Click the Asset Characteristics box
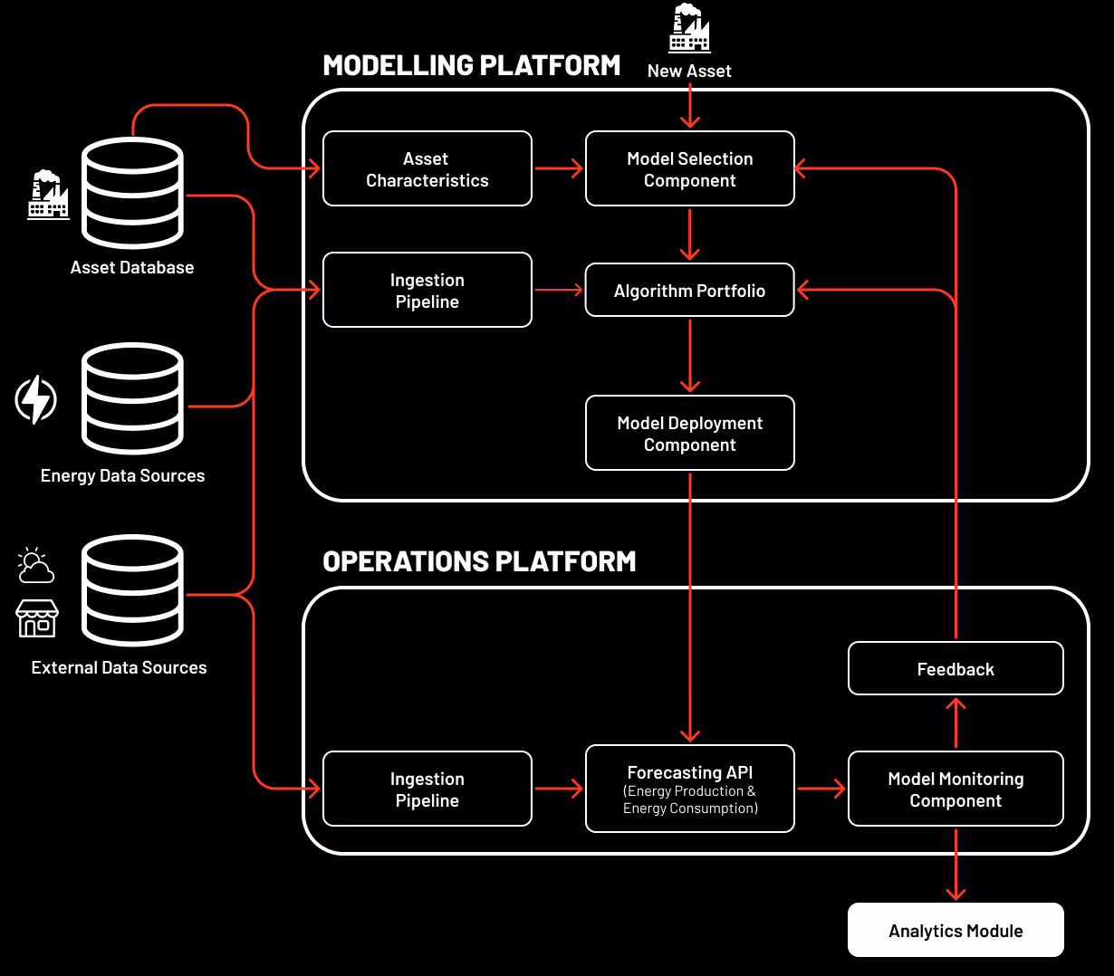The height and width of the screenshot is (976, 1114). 427,169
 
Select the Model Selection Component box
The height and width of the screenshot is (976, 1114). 689,169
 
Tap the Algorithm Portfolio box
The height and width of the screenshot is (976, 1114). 689,291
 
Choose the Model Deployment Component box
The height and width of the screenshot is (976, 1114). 689,434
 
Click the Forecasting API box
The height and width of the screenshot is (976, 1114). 689,789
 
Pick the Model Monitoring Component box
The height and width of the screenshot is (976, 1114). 956,789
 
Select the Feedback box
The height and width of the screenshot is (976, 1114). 956,669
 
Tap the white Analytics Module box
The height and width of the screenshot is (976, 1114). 956,930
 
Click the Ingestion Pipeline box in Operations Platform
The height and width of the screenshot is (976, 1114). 427,789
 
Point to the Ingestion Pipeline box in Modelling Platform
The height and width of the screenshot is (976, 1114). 427,291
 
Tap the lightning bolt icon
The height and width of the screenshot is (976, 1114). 36,399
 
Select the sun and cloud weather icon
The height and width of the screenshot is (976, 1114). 36,566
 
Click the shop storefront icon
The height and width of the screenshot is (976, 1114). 37,618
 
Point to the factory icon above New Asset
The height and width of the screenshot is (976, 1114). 689,29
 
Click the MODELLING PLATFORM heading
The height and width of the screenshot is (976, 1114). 471,65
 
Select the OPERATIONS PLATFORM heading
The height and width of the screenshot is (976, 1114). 479,561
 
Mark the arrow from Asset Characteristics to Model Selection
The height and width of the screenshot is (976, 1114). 559,168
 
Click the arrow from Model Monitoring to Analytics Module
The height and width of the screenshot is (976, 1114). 956,864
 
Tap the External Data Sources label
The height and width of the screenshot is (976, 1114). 119,668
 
